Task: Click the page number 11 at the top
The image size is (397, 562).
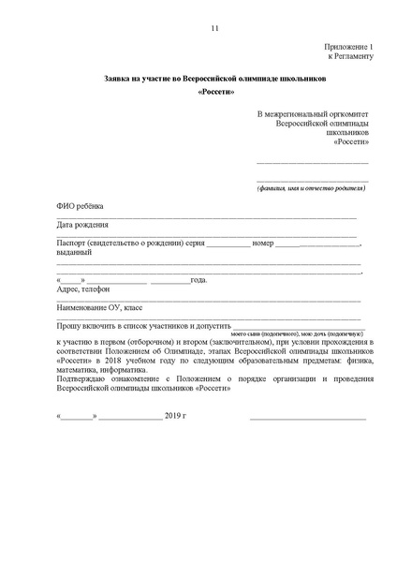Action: [x=215, y=28]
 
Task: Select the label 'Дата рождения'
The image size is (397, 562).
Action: [x=82, y=225]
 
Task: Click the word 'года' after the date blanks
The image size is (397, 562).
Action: [x=198, y=280]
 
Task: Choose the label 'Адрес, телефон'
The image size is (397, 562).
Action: [x=83, y=289]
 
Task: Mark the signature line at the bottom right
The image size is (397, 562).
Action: [x=307, y=416]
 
